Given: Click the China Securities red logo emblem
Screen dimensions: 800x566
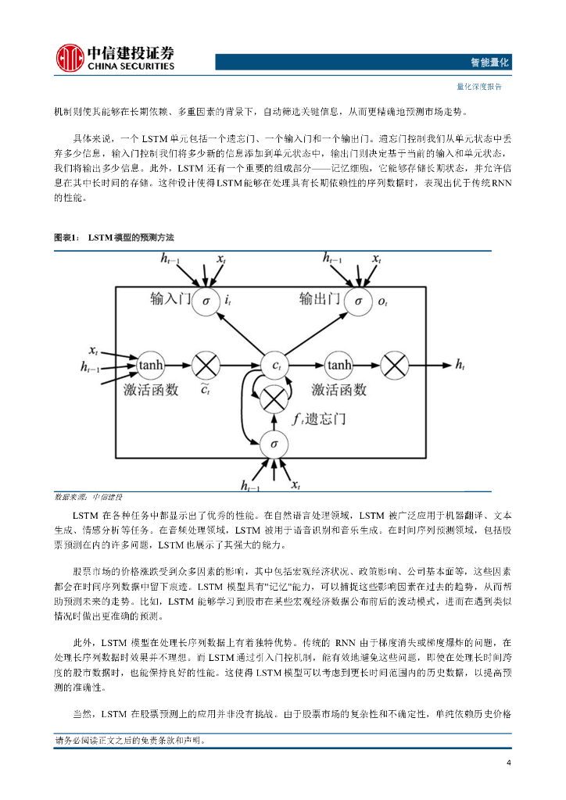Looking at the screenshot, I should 70,58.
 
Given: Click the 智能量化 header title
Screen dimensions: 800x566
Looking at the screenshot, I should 490,62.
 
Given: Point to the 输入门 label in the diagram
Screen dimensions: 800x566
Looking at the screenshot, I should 170,298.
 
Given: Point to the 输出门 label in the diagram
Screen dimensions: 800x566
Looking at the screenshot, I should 320,298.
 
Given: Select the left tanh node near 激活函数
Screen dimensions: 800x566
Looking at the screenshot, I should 150,364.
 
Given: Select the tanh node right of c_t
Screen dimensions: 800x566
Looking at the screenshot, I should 339,364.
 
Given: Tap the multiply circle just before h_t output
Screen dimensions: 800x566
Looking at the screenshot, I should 395,364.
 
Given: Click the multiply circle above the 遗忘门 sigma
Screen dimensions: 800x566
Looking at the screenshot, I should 274,399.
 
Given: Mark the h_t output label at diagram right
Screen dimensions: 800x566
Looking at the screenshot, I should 461,364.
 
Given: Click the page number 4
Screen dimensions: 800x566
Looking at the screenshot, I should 509,763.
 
